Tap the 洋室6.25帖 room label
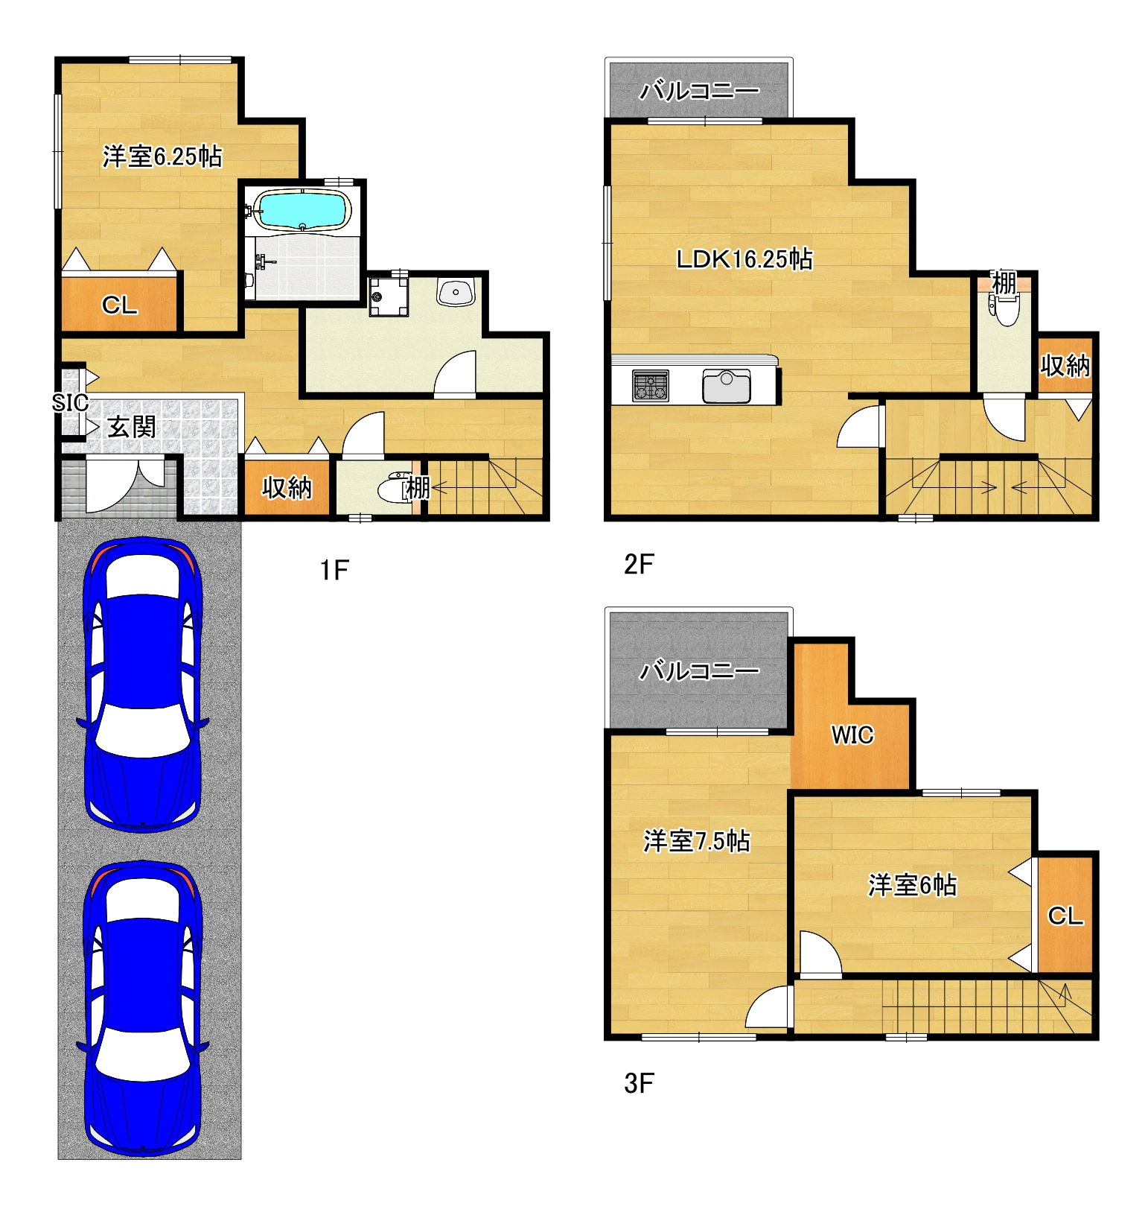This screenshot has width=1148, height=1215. click(162, 156)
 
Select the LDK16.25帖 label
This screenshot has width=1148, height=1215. click(744, 259)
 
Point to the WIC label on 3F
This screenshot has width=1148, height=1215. click(852, 735)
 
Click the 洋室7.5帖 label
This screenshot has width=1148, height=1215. click(697, 841)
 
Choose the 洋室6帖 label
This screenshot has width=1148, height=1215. click(912, 885)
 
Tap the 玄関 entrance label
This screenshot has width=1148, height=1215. click(132, 427)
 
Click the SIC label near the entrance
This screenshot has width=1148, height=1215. click(70, 403)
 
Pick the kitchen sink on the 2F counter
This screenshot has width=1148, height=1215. click(727, 386)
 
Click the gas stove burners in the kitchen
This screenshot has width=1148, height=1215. click(651, 386)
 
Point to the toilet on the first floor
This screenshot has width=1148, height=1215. click(394, 488)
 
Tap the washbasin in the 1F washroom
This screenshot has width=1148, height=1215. click(456, 292)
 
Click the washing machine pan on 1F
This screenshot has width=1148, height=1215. click(389, 296)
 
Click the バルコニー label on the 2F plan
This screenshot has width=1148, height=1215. click(700, 91)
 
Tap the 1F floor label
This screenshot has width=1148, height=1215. click(334, 571)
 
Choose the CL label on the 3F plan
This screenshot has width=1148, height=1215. click(1065, 916)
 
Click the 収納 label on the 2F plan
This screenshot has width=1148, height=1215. click(1065, 366)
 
